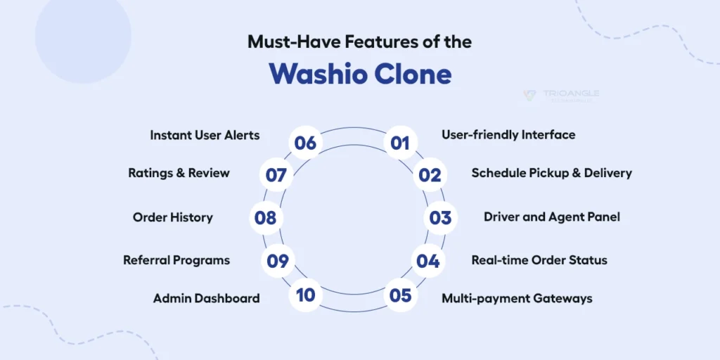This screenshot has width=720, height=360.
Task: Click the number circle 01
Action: click(400, 143)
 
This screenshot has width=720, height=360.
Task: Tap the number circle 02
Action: click(428, 175)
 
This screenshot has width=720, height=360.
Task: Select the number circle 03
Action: click(440, 218)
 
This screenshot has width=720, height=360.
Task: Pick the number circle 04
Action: click(427, 261)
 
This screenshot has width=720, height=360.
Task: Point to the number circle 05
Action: click(400, 295)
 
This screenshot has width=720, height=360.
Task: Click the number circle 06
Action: click(306, 143)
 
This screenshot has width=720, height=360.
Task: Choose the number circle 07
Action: click(277, 175)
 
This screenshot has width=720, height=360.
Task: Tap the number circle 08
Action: click(265, 218)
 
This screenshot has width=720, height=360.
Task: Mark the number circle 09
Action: click(278, 261)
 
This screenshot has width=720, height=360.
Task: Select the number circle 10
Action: click(306, 295)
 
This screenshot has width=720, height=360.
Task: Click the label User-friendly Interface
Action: click(508, 134)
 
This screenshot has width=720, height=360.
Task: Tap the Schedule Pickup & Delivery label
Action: click(551, 173)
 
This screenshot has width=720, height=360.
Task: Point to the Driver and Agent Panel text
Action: click(551, 217)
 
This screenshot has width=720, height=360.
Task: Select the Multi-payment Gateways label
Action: click(517, 299)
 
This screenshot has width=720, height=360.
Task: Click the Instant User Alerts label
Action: click(205, 135)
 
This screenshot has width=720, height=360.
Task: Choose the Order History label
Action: click(172, 218)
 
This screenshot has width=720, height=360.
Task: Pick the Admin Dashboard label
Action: click(206, 299)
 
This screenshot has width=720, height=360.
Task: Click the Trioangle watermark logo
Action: click(561, 96)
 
